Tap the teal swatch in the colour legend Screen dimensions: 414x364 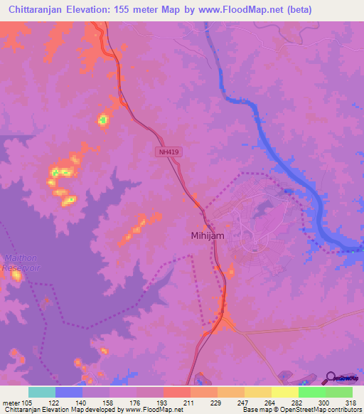click(42, 392)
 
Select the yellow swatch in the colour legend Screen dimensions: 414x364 click(284, 392)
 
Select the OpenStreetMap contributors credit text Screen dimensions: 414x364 click(314, 410)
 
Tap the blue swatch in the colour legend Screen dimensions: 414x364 click(69, 392)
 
